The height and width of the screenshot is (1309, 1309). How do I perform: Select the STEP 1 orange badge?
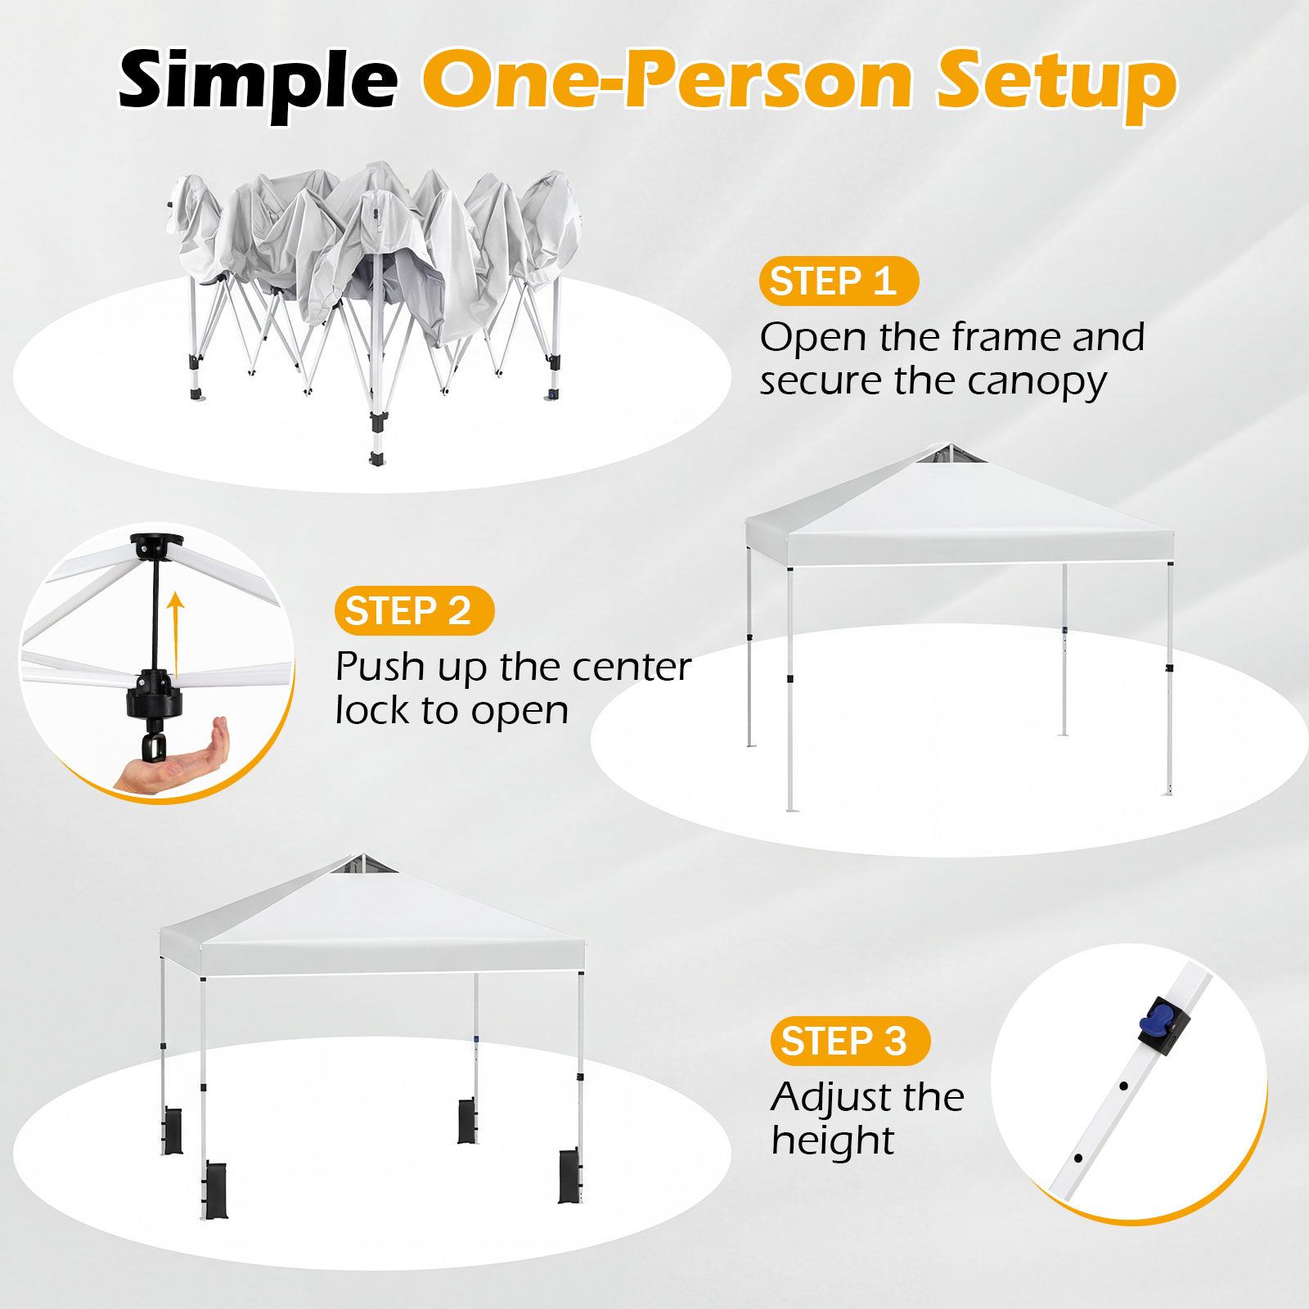point(839,281)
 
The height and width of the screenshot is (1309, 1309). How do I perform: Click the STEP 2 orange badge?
point(414,611)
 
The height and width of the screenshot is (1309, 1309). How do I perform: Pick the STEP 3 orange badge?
point(850,1041)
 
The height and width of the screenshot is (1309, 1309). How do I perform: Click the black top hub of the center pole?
point(156,546)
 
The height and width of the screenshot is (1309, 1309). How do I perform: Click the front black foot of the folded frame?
point(377,459)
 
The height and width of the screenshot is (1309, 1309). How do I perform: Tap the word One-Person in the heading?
point(668,79)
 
